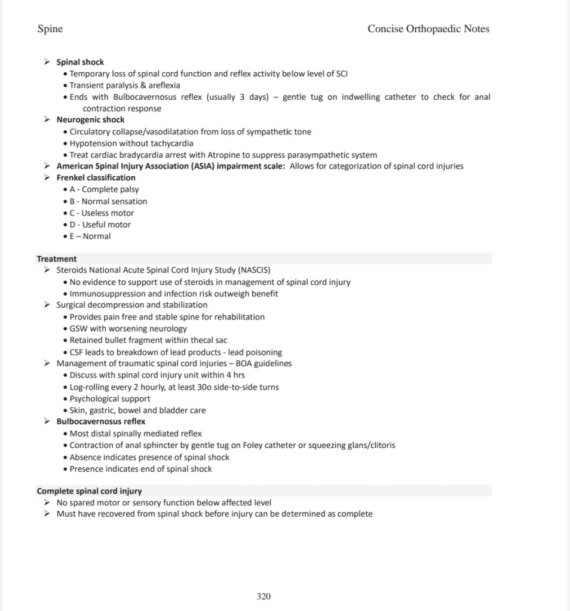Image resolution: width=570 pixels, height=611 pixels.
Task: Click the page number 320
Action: coord(263,596)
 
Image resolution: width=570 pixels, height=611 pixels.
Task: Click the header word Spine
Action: coord(50,29)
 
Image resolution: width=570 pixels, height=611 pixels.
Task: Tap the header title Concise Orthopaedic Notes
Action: coord(428,29)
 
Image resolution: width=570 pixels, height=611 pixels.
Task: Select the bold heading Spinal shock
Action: coord(80,62)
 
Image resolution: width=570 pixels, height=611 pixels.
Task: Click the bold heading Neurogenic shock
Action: coord(90,119)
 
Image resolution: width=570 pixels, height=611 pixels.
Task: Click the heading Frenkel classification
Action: coord(96,177)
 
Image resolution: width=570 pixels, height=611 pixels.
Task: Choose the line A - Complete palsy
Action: coord(104,189)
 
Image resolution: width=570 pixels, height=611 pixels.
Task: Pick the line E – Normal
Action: coord(90,236)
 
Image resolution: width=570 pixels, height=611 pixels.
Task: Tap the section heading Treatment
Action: coord(57,259)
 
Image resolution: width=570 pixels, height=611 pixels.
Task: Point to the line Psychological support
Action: coord(110,398)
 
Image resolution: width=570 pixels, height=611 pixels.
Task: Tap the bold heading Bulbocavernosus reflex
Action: coord(101,421)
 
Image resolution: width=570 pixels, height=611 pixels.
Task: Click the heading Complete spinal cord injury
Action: coord(89,491)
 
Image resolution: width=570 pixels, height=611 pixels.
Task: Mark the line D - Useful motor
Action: coord(100,225)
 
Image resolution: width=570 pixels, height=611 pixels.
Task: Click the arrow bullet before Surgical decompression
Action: coord(47,305)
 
